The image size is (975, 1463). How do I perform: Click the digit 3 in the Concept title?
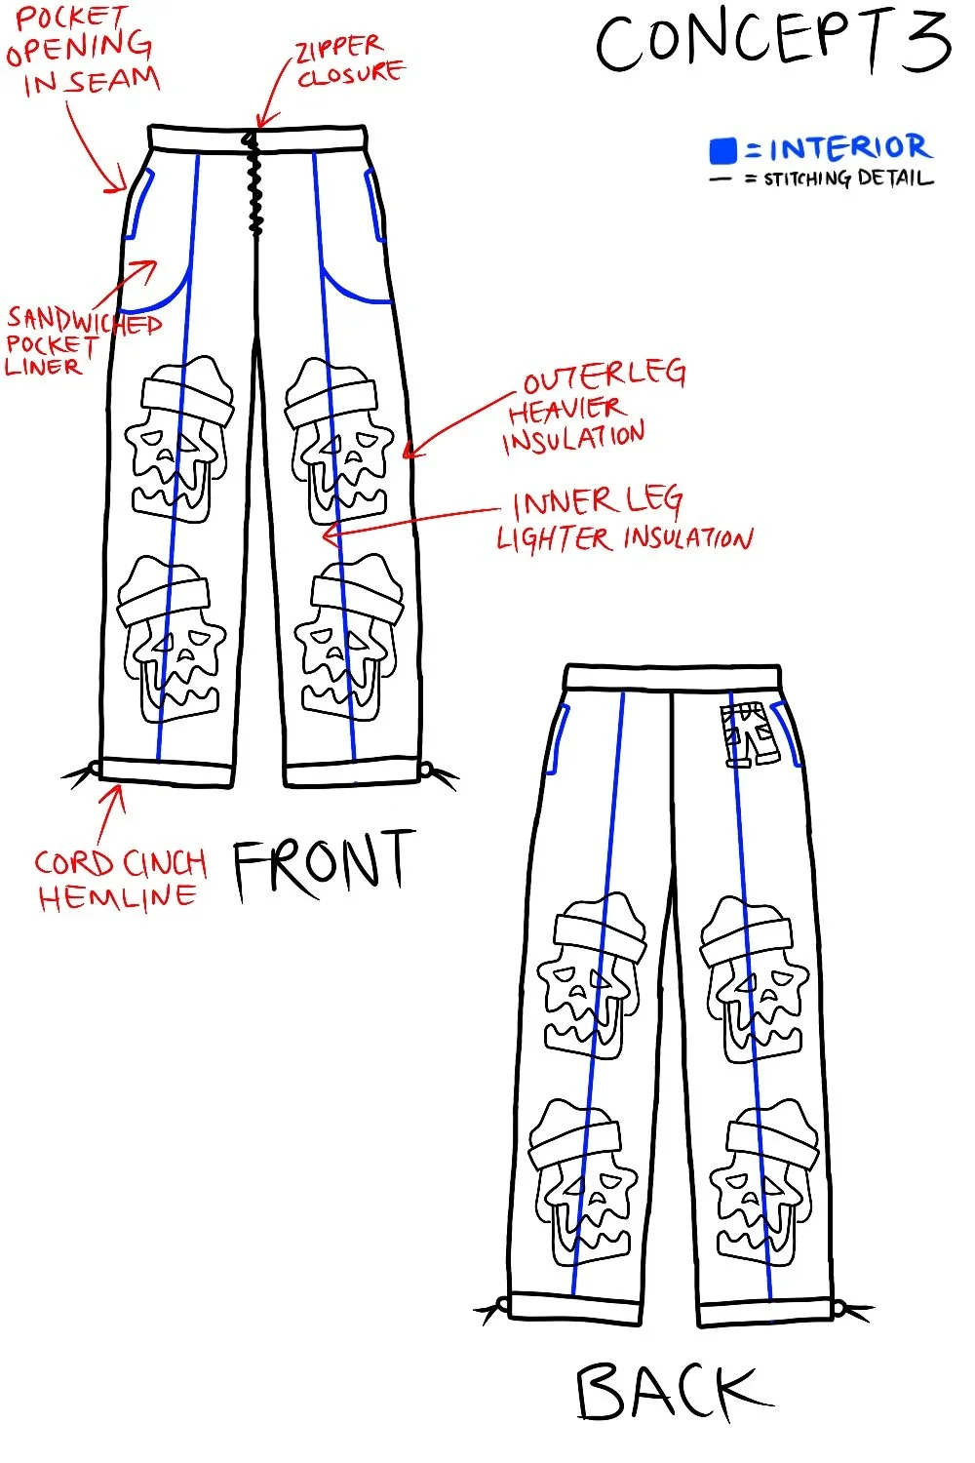[x=922, y=44]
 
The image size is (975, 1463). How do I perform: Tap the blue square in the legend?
[x=722, y=150]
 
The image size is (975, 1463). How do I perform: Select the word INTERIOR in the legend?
[x=849, y=148]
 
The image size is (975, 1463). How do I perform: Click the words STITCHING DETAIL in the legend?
[x=847, y=178]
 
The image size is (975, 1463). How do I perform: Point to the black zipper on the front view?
[x=255, y=185]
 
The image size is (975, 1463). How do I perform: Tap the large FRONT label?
[x=323, y=863]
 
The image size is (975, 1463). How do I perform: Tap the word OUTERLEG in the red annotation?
[x=604, y=376]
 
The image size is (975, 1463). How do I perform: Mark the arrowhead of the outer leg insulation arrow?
[x=409, y=452]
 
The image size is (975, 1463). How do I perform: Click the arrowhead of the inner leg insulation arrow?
[x=328, y=534]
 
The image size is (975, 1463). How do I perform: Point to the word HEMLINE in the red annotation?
[x=117, y=897]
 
